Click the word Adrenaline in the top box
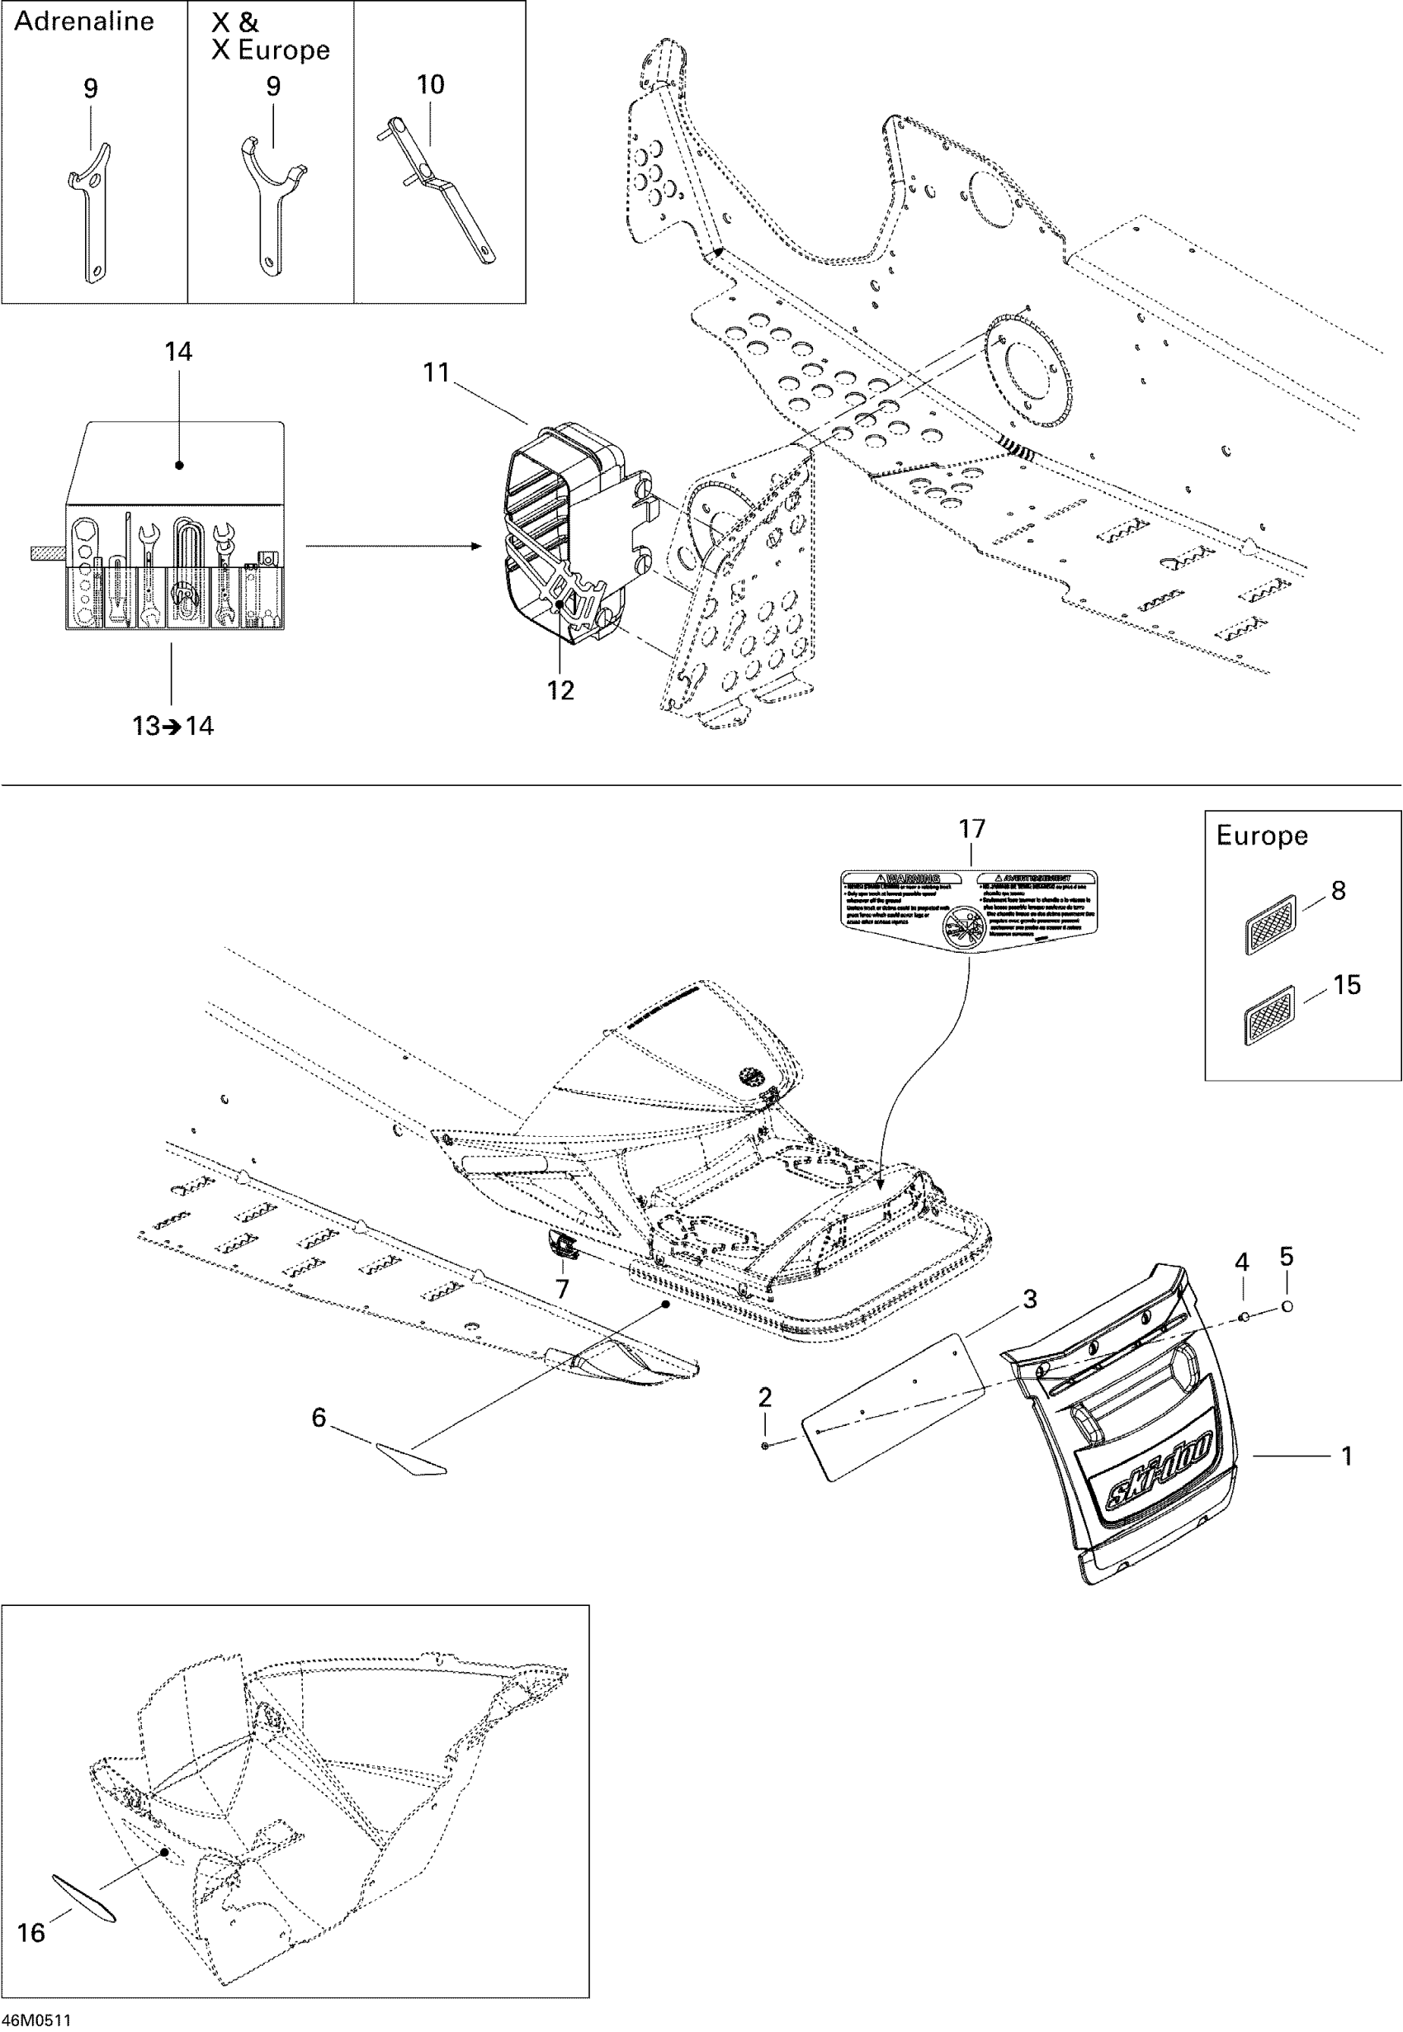pyautogui.click(x=84, y=21)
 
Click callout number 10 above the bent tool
pyautogui.click(x=430, y=85)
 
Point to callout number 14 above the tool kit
pyautogui.click(x=178, y=352)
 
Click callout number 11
pyautogui.click(x=437, y=373)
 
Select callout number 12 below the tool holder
pyautogui.click(x=561, y=690)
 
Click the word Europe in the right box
pyautogui.click(x=1262, y=836)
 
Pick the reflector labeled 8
pyautogui.click(x=1271, y=923)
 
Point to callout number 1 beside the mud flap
pyautogui.click(x=1346, y=1456)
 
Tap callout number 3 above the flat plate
pyautogui.click(x=1030, y=1299)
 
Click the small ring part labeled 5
pyautogui.click(x=1287, y=1306)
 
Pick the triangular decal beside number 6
pyautogui.click(x=411, y=1461)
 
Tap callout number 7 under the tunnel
pyautogui.click(x=563, y=1289)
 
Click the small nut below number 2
pyautogui.click(x=766, y=1446)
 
